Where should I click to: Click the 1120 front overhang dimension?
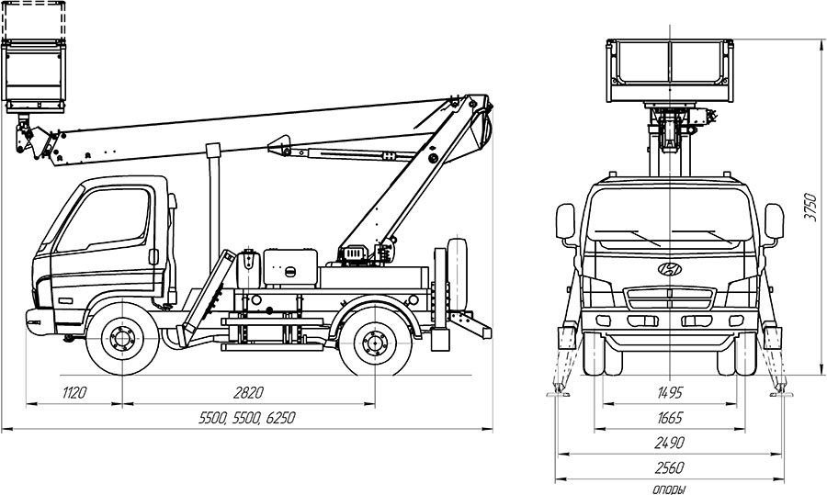pyautogui.click(x=74, y=393)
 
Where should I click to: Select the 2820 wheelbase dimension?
pyautogui.click(x=248, y=393)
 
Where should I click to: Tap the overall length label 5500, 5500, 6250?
pyautogui.click(x=247, y=418)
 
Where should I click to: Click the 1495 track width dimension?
pyautogui.click(x=670, y=393)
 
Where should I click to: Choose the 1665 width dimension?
pyautogui.click(x=670, y=418)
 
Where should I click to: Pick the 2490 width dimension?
pyautogui.click(x=670, y=443)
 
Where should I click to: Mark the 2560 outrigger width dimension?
pyautogui.click(x=670, y=467)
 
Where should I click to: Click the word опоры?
pyautogui.click(x=670, y=489)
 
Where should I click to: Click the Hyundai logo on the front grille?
pyautogui.click(x=670, y=269)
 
